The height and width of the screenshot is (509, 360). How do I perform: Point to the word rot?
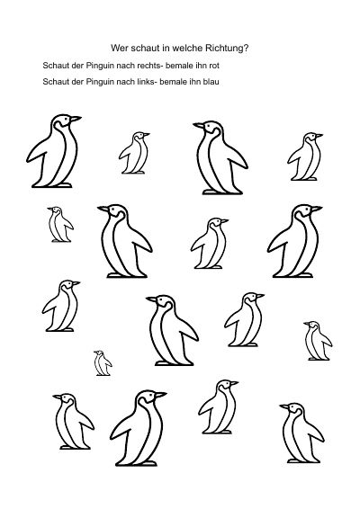pyautogui.click(x=214, y=66)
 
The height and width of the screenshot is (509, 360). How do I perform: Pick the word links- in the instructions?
pyautogui.click(x=147, y=82)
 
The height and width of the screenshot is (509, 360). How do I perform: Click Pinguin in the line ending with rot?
pyautogui.click(x=100, y=66)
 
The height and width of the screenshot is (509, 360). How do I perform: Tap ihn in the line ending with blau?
pyautogui.click(x=195, y=82)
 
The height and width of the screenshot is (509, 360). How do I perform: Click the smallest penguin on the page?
pyautogui.click(x=103, y=363)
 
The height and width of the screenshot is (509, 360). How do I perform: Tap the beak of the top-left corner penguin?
pyautogui.click(x=76, y=119)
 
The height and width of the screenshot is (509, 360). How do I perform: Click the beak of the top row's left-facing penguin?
pyautogui.click(x=199, y=125)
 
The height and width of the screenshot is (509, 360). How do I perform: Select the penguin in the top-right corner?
pyautogui.click(x=305, y=156)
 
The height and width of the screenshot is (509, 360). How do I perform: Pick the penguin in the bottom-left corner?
pyautogui.click(x=73, y=422)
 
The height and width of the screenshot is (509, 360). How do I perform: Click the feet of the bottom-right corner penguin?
pyautogui.click(x=298, y=461)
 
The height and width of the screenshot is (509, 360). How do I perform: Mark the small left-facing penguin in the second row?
pyautogui.click(x=60, y=224)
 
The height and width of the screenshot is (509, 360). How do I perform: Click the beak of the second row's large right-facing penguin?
pyautogui.click(x=316, y=209)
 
